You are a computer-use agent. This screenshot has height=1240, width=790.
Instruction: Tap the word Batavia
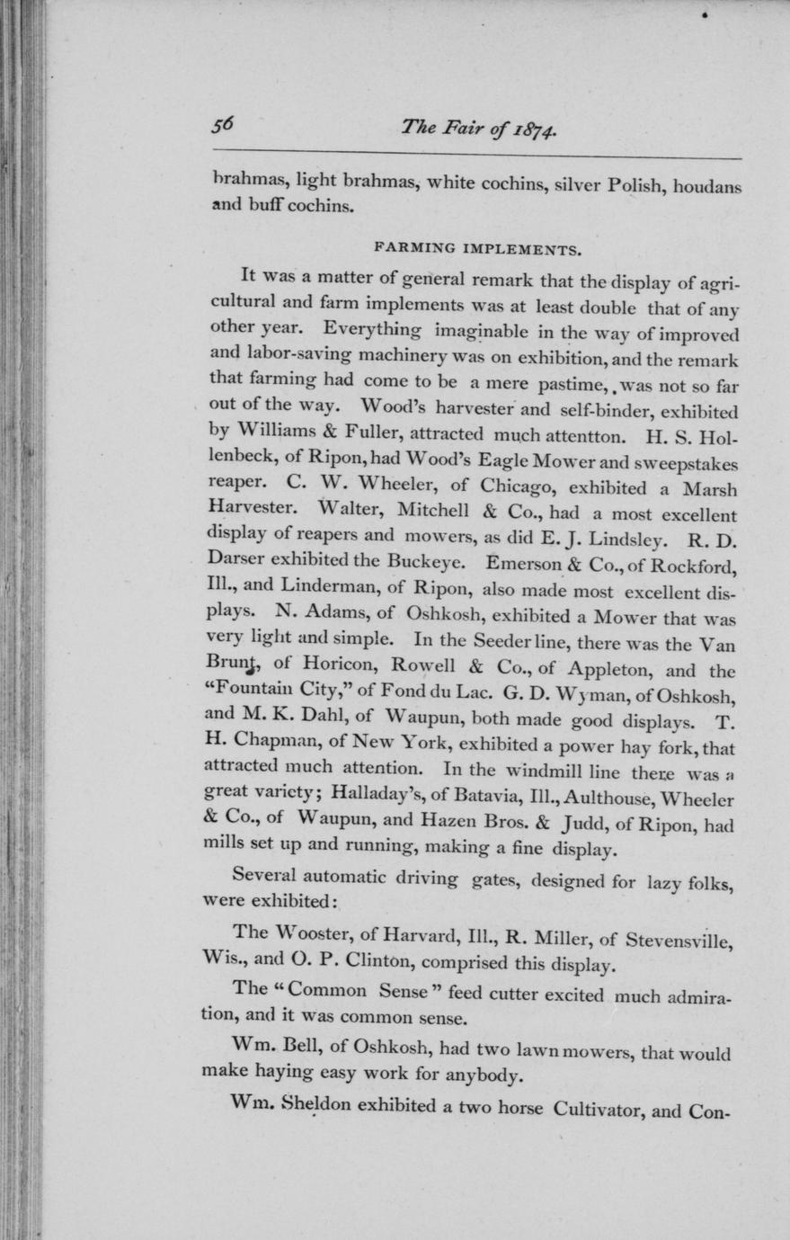pos(478,796)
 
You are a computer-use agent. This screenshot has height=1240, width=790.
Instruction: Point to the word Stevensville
pos(682,940)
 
